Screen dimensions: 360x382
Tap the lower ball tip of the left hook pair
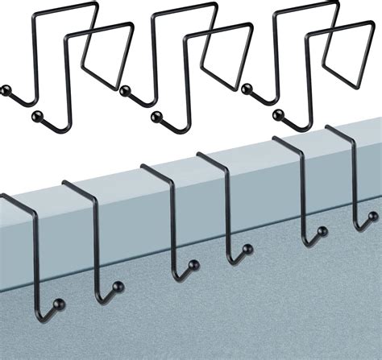[35, 118]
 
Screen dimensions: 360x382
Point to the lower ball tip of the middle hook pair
[152, 118]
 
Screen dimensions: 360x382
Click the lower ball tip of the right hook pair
[280, 114]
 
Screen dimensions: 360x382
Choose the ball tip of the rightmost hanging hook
[372, 216]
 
